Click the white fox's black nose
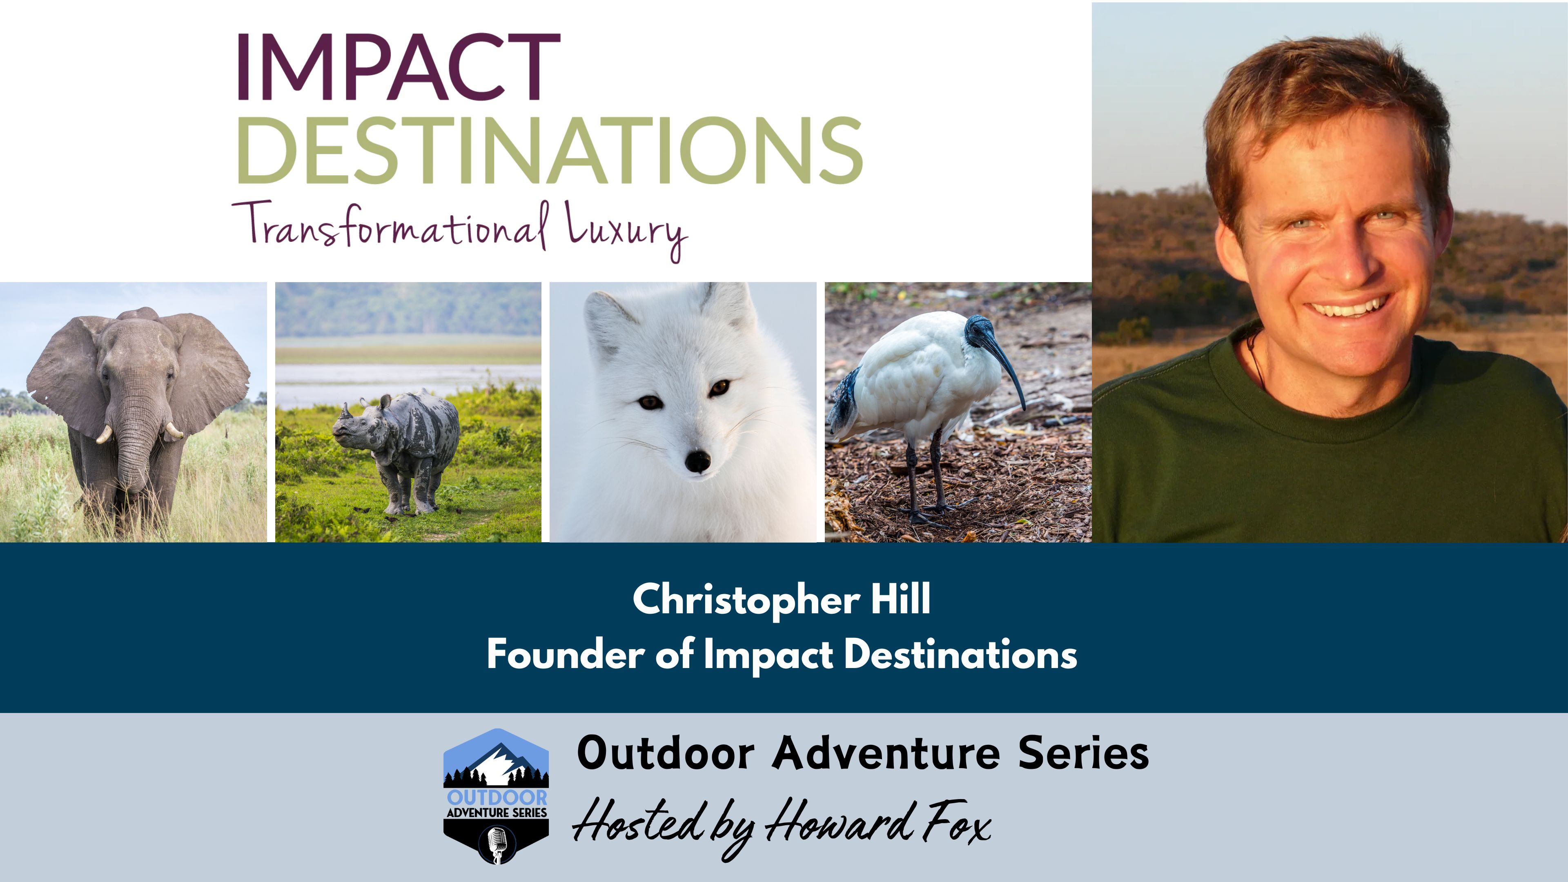coord(697,461)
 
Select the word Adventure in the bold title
coord(886,753)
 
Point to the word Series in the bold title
coord(1083,753)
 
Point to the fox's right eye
coord(650,402)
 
